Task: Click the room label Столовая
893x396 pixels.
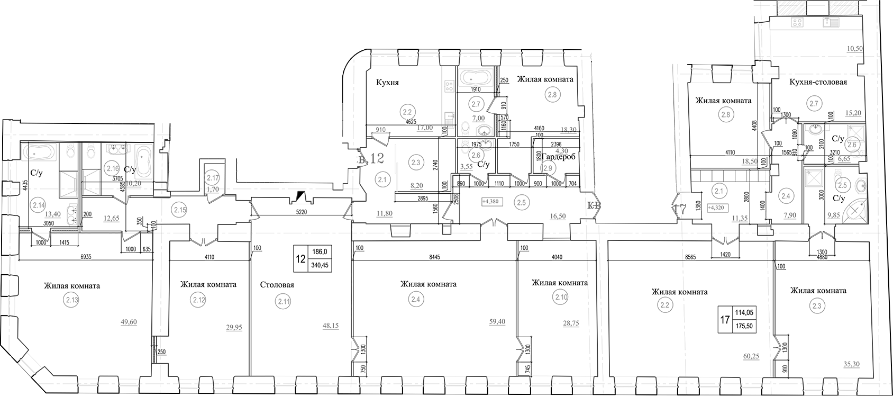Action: [x=277, y=285]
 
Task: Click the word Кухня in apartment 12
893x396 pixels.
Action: [x=387, y=83]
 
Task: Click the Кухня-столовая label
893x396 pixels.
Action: [x=818, y=82]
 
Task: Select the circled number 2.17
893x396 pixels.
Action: [x=213, y=178]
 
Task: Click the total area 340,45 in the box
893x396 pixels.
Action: [x=320, y=266]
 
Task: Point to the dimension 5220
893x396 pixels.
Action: [x=302, y=211]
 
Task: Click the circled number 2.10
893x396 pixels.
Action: [x=561, y=298]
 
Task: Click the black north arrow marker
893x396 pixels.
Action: [x=301, y=196]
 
